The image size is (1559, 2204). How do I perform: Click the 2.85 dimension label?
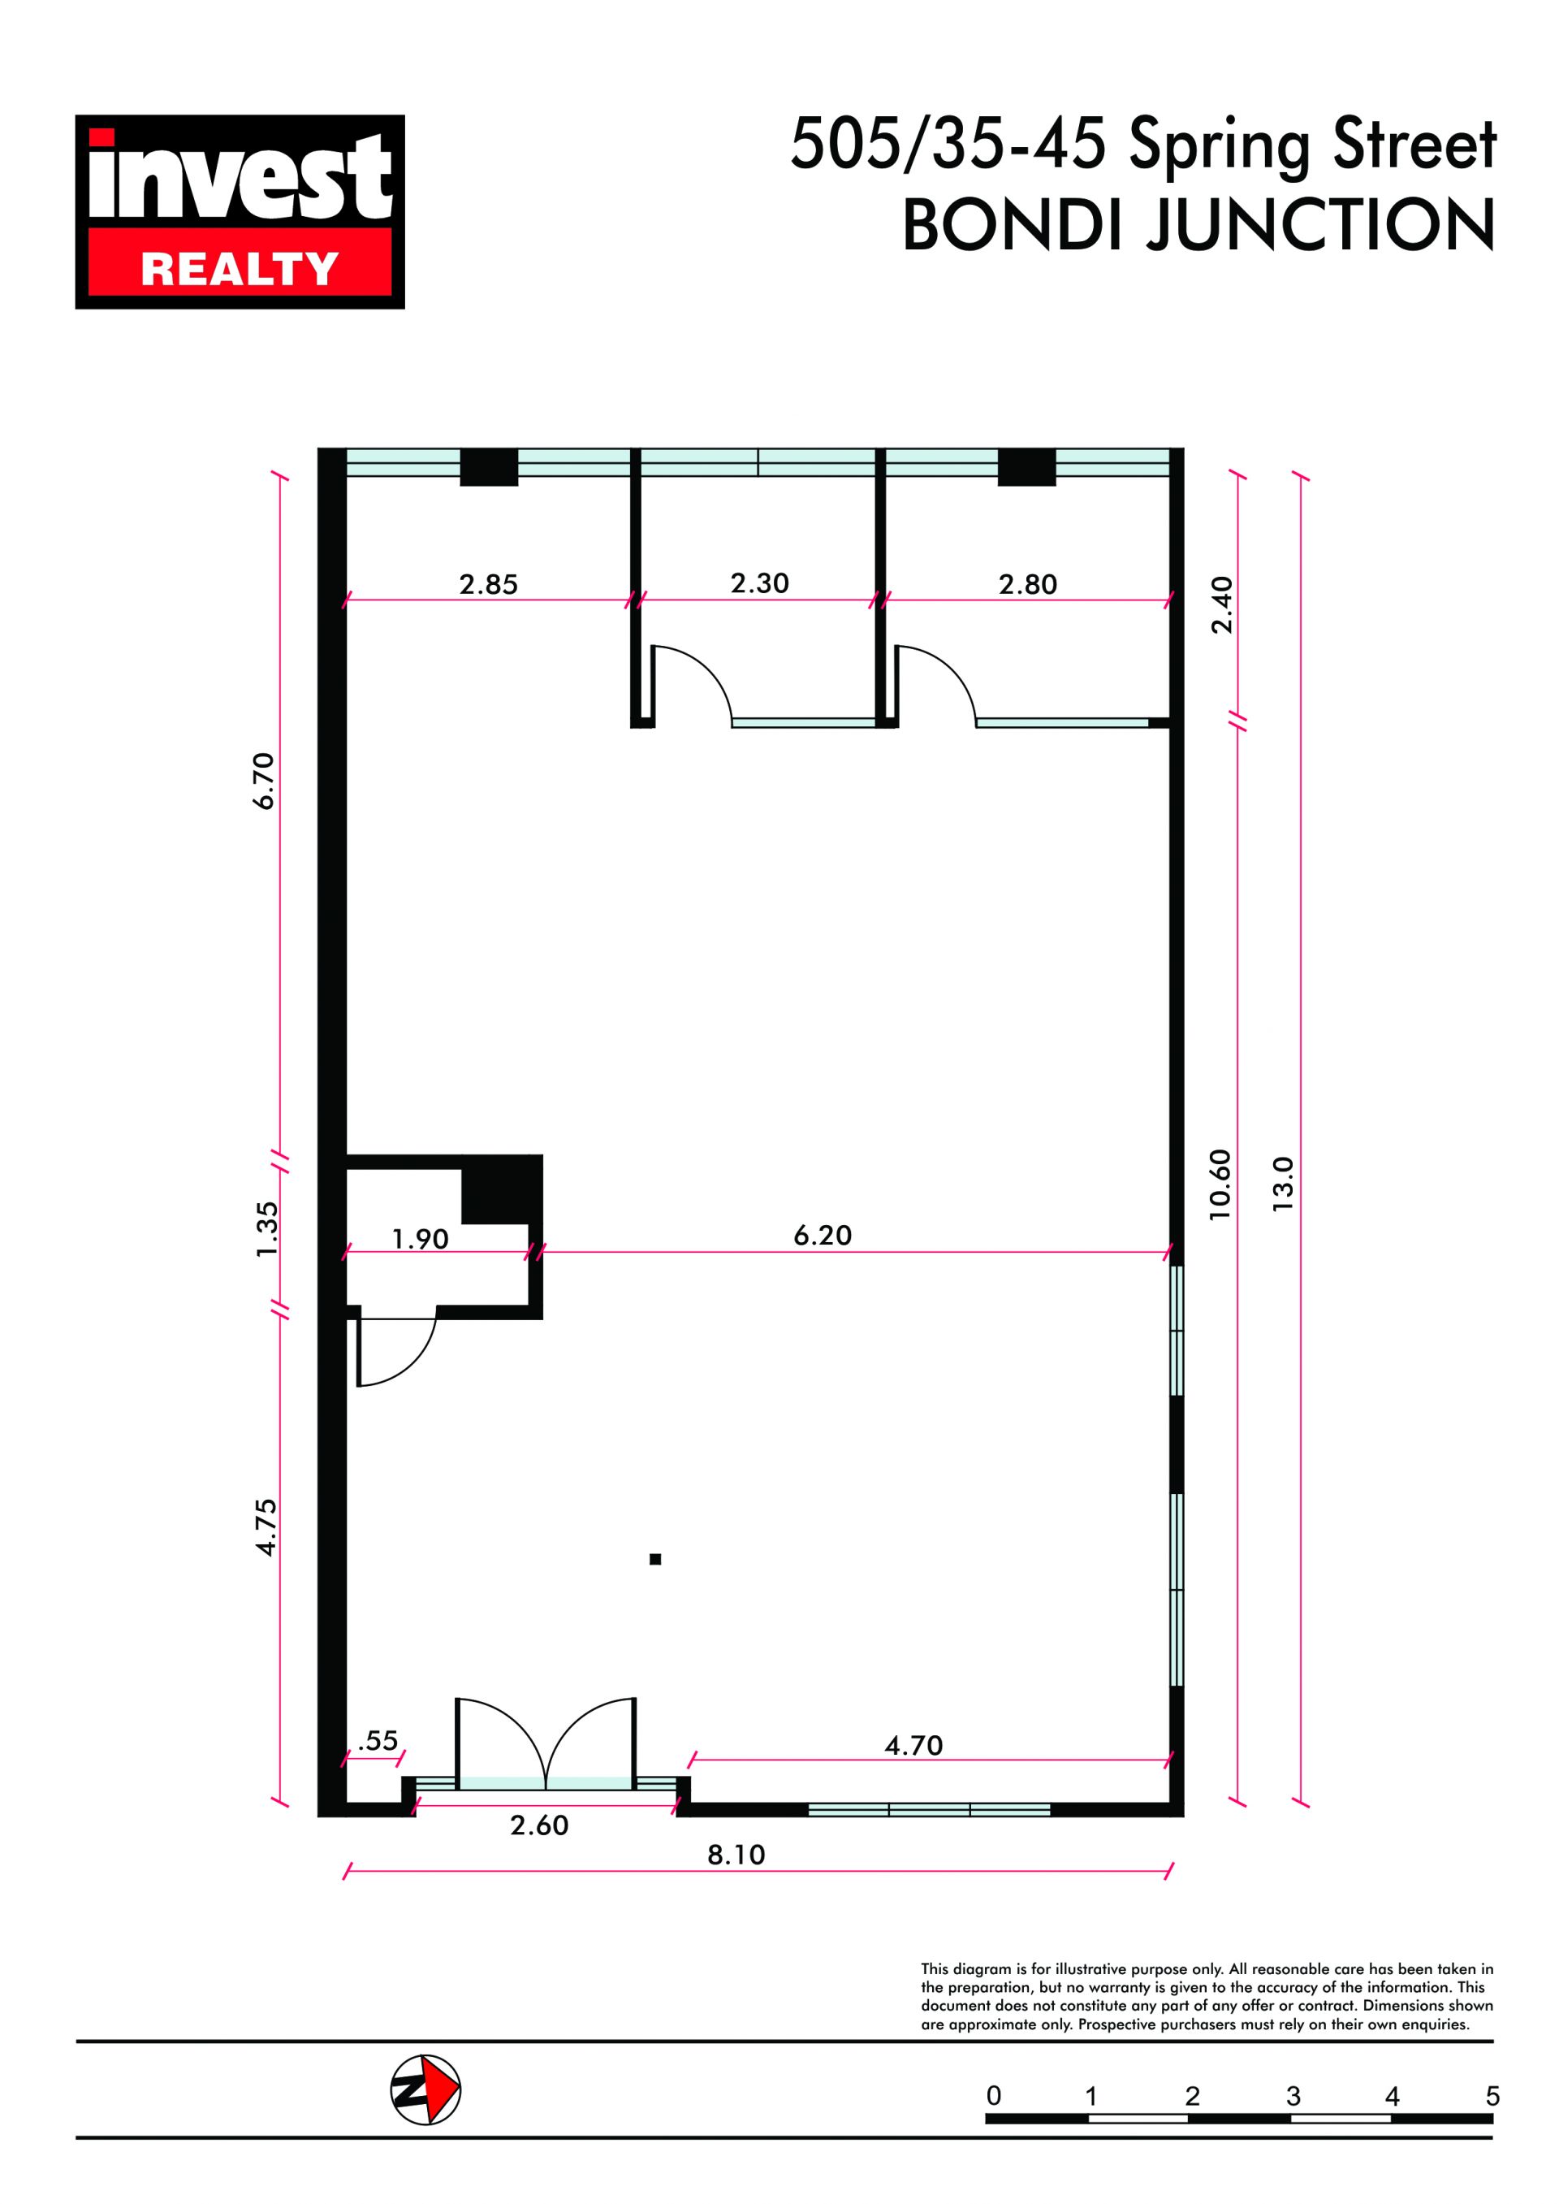pos(488,584)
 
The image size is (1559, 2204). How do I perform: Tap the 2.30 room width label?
pos(759,583)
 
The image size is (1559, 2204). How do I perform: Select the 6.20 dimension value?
pos(823,1235)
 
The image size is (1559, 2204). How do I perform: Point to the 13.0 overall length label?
pos(1284,1184)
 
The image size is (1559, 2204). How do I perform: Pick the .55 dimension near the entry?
pos(378,1740)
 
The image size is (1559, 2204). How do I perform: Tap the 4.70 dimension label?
pos(913,1745)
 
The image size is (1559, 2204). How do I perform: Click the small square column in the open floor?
pos(654,1560)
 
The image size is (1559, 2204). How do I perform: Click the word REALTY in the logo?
pos(240,269)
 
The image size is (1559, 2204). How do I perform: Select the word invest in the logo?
pos(240,175)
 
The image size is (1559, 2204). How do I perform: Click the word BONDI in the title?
pos(1013,226)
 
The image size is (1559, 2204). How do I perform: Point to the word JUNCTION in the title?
pos(1321,226)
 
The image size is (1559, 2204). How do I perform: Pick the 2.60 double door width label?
pos(539,1825)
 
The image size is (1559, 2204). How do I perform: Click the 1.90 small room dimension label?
pos(421,1240)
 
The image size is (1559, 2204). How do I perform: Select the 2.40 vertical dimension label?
pos(1221,605)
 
